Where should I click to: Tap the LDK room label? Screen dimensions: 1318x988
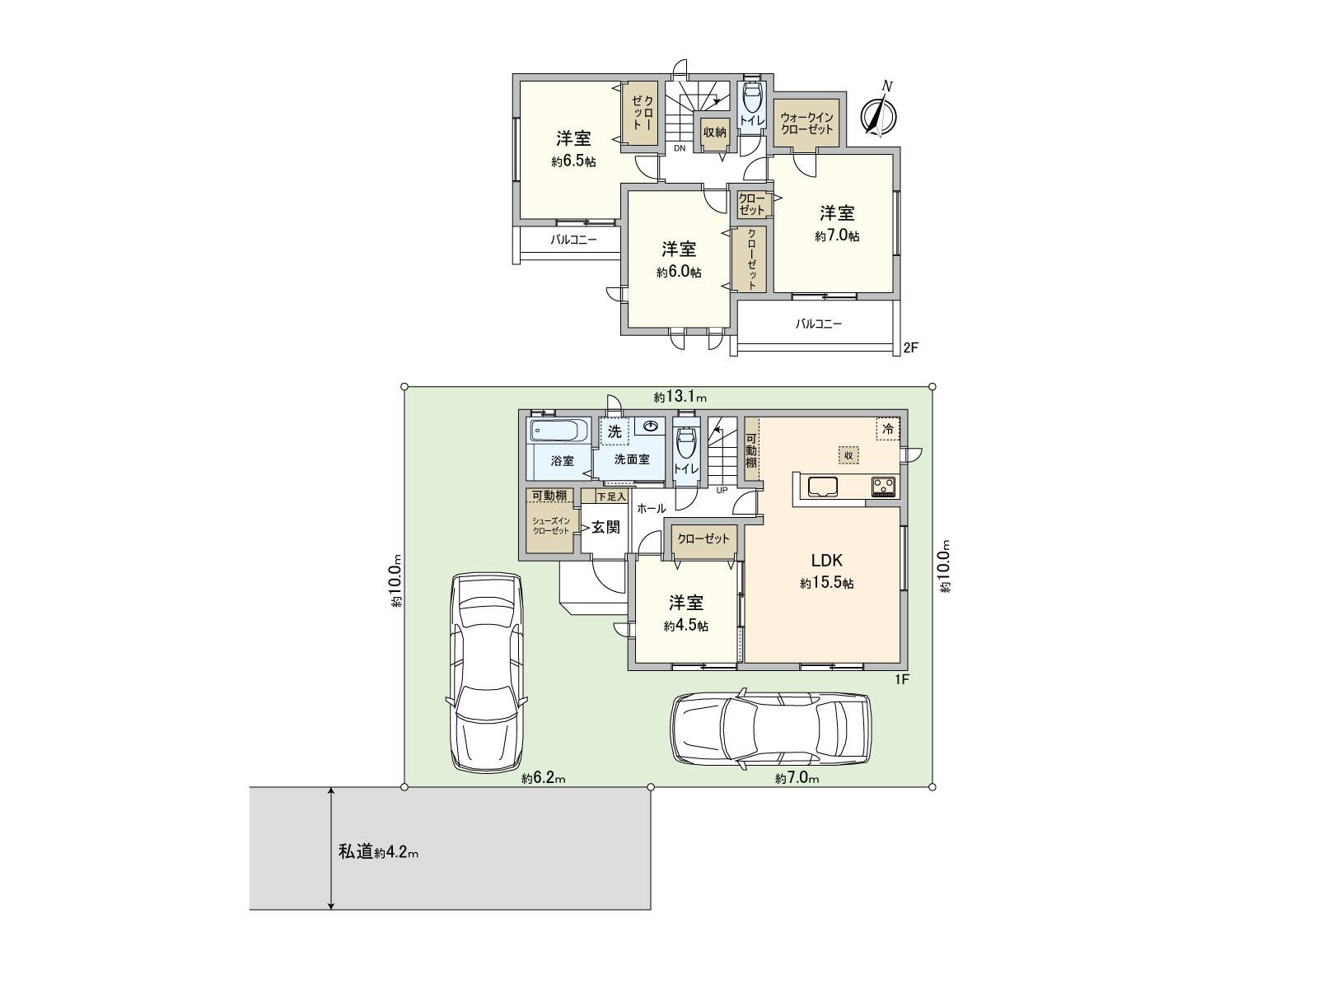pyautogui.click(x=827, y=561)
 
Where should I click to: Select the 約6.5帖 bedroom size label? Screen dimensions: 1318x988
pyautogui.click(x=573, y=161)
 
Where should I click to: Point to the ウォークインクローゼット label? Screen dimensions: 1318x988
pyautogui.click(x=806, y=123)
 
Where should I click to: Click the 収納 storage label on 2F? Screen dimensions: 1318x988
pyautogui.click(x=714, y=132)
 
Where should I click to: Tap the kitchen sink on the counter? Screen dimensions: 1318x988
pyautogui.click(x=823, y=486)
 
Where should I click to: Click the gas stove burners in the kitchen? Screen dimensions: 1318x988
pyautogui.click(x=883, y=485)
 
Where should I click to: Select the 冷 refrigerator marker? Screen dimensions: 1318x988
pyautogui.click(x=888, y=430)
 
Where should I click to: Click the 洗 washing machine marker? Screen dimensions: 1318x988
pyautogui.click(x=615, y=431)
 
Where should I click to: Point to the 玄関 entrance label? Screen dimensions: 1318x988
pyautogui.click(x=605, y=527)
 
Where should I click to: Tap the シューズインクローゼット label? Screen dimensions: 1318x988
pyautogui.click(x=551, y=526)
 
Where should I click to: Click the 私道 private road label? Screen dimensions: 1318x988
pyautogui.click(x=356, y=852)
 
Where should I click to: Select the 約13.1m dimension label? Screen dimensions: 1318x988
pyautogui.click(x=680, y=397)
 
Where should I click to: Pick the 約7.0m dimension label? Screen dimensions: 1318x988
pyautogui.click(x=797, y=779)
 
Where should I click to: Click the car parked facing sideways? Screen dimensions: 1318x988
pyautogui.click(x=770, y=729)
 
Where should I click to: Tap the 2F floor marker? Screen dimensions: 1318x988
pyautogui.click(x=911, y=347)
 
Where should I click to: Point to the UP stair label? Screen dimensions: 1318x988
pyautogui.click(x=722, y=490)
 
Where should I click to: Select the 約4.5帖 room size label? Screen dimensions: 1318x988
pyautogui.click(x=685, y=626)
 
